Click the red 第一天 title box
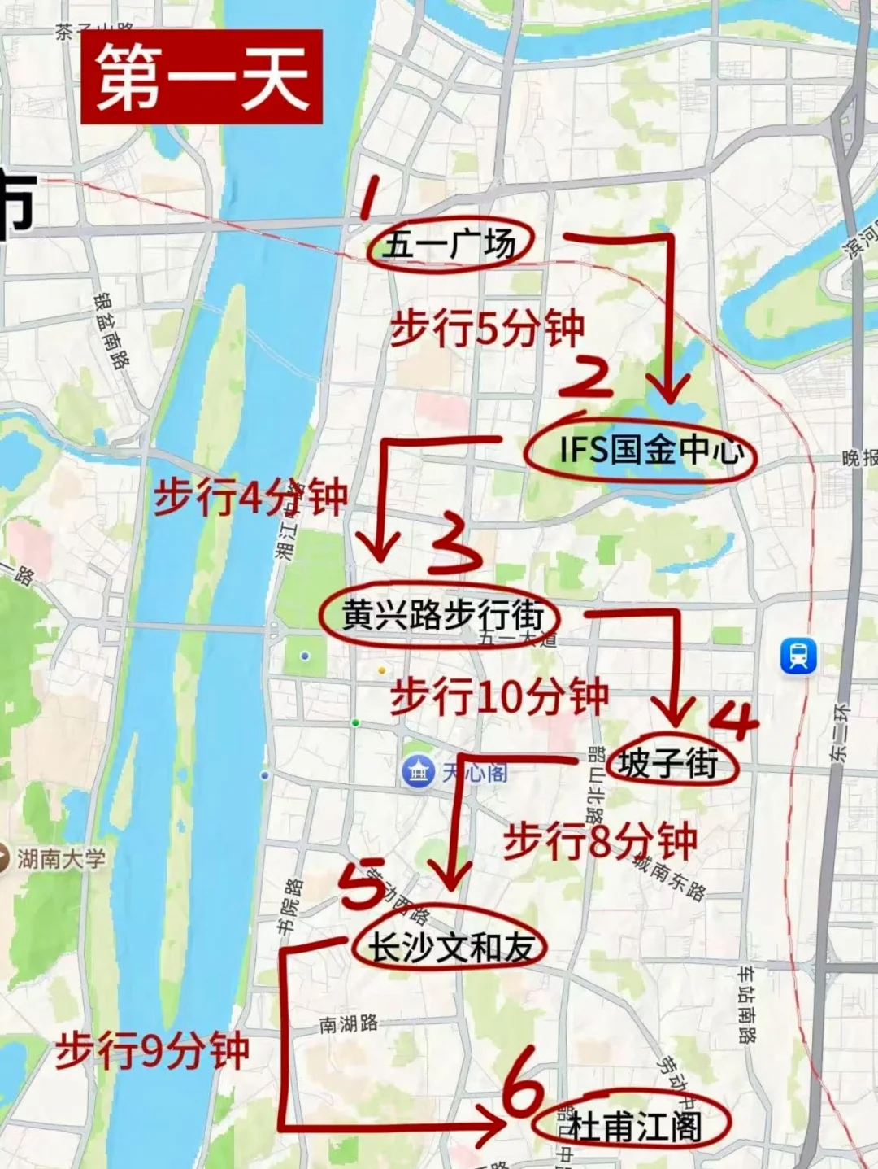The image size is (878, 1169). point(202,77)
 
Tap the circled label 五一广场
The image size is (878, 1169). point(450,243)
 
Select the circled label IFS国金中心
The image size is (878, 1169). point(642,451)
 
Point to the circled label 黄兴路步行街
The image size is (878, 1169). point(441,615)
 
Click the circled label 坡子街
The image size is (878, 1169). point(668,764)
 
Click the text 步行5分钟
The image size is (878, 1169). point(487,329)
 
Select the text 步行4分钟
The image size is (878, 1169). point(250,496)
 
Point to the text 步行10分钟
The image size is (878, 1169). point(499,697)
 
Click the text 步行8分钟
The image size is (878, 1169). point(600,841)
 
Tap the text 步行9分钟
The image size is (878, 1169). point(152,1050)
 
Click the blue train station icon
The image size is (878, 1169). point(798,656)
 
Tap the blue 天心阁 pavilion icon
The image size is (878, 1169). point(419,771)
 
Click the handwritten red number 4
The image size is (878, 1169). point(735,719)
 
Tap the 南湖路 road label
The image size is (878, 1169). point(348,1023)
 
